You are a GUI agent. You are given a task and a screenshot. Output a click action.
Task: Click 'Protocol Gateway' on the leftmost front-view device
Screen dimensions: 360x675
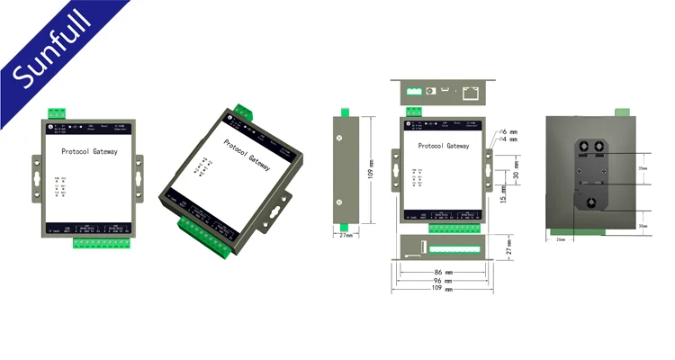89,154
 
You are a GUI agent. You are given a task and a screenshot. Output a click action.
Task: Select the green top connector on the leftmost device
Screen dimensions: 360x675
58,112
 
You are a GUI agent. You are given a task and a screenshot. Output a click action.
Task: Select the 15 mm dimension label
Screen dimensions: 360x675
503,193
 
